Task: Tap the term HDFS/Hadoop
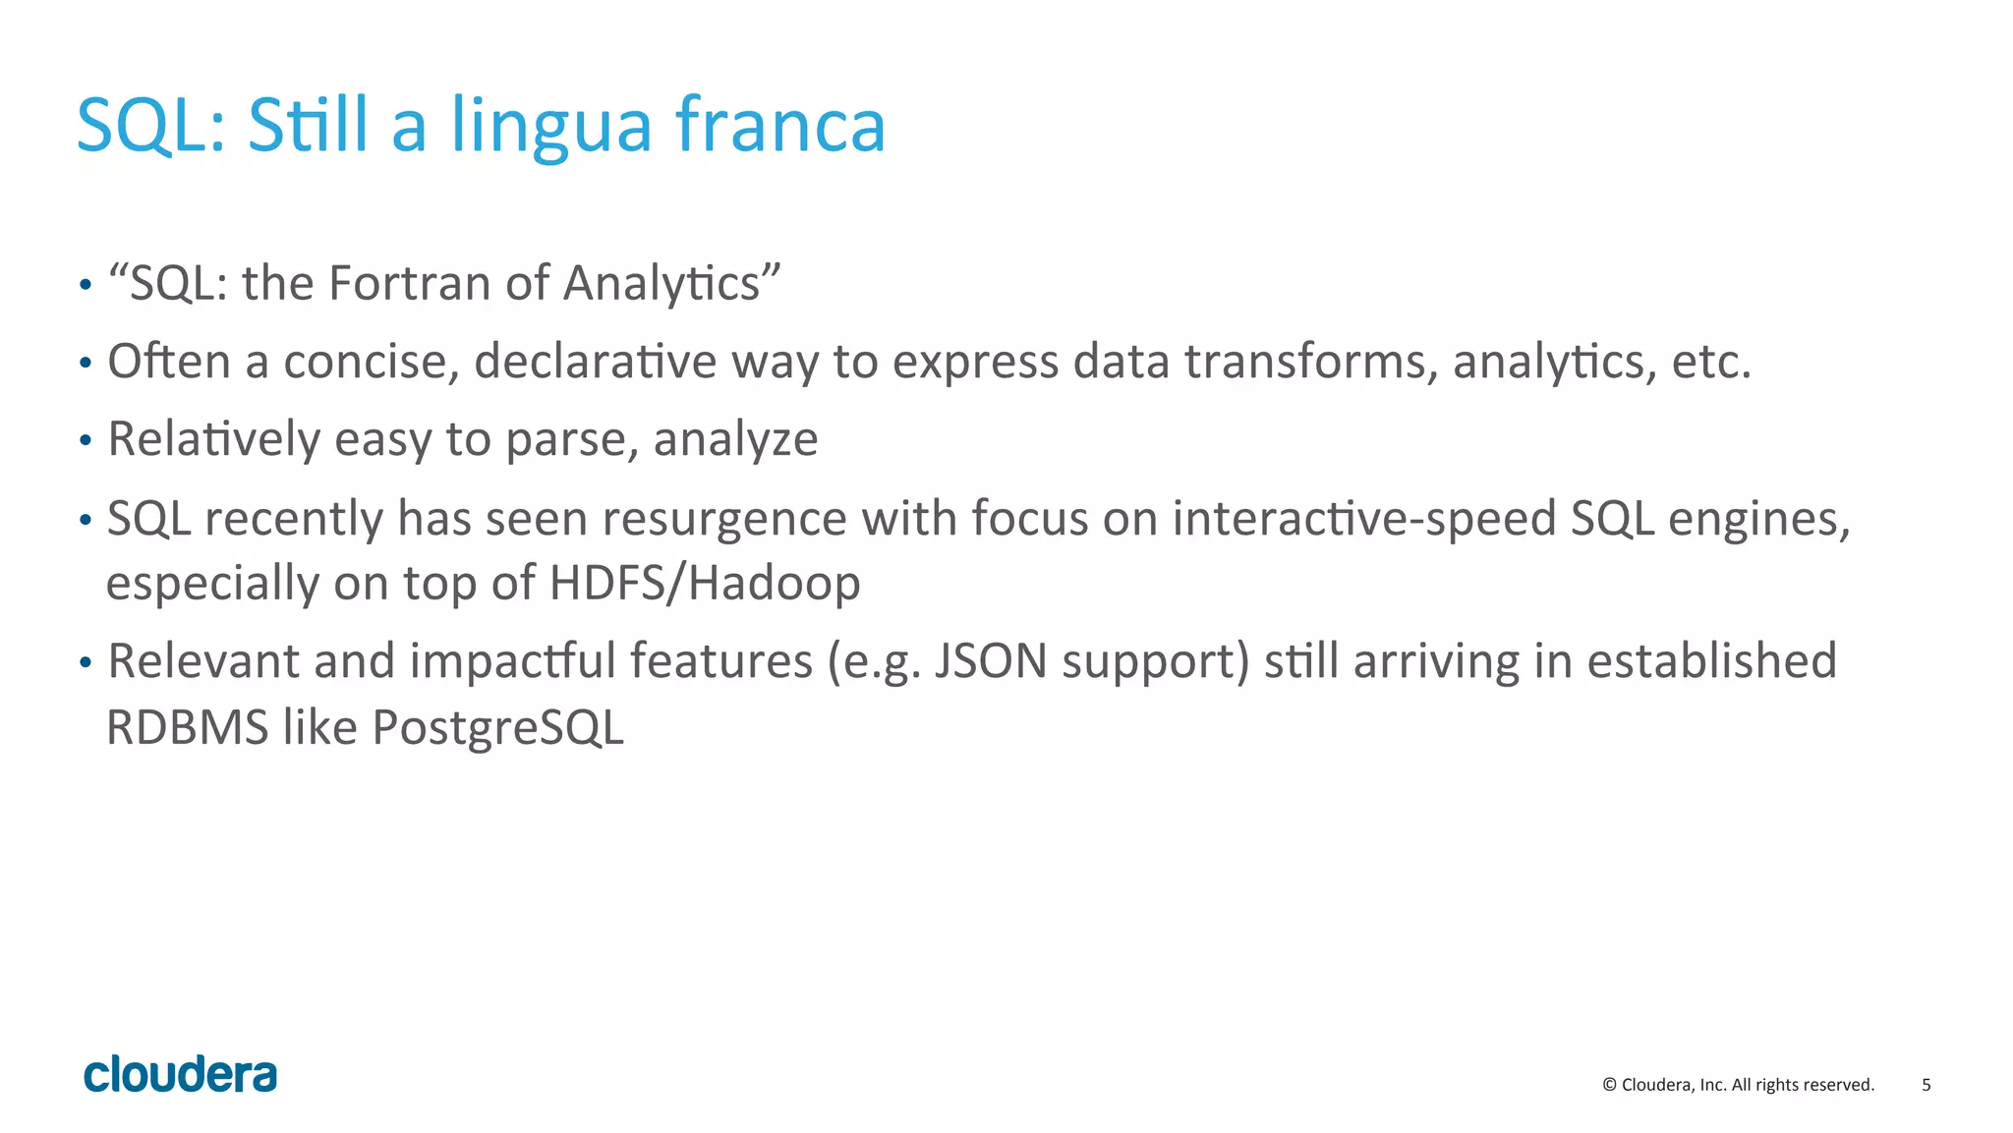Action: point(705,583)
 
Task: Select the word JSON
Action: point(991,660)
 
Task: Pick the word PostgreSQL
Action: point(498,728)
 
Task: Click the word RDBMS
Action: point(187,728)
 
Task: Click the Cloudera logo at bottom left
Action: point(181,1074)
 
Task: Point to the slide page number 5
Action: point(1927,1085)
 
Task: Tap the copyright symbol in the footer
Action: point(1609,1085)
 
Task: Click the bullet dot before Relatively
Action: point(86,440)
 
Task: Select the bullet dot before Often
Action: point(86,363)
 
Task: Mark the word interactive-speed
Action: point(1364,518)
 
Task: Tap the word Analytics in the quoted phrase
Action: point(671,283)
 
